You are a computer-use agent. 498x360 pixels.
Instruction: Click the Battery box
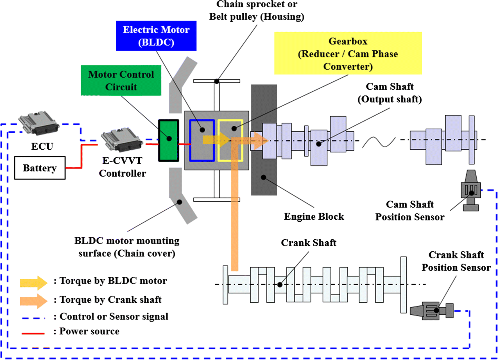tap(40, 168)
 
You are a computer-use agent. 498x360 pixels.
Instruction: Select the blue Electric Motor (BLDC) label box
tap(156, 36)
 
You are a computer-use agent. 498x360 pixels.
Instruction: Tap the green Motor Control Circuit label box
tap(121, 80)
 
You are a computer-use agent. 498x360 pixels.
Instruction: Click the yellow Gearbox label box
tap(348, 53)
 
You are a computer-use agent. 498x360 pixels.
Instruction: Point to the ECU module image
tap(39, 122)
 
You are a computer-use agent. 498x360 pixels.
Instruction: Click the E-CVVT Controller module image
tap(122, 140)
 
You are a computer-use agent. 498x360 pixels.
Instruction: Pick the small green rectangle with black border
tap(169, 140)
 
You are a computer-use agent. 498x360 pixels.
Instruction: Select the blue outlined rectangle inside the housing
tap(202, 140)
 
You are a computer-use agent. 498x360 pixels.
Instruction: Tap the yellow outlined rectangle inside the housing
tap(230, 140)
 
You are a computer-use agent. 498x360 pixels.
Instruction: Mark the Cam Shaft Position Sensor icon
tap(471, 190)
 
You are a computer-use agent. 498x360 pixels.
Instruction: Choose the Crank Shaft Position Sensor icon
tap(431, 311)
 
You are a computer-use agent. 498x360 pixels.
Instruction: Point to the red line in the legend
tap(33, 333)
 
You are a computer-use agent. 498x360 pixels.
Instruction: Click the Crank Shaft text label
tap(308, 243)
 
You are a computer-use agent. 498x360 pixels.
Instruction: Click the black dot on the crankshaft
tap(280, 285)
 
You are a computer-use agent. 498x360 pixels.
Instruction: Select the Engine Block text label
tap(314, 217)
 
